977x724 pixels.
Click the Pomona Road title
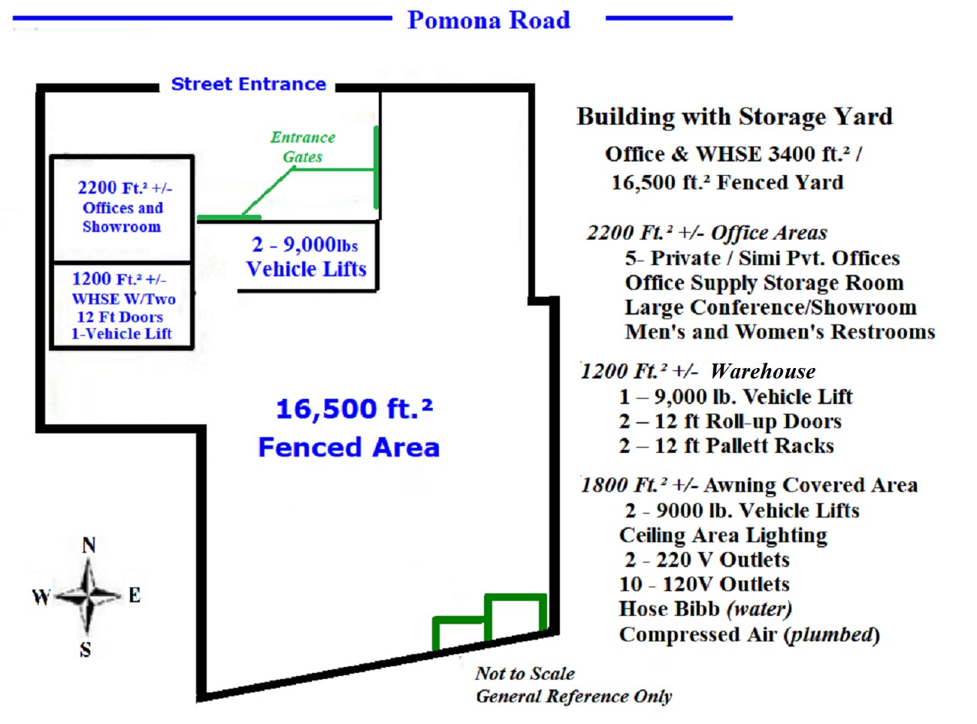click(x=488, y=20)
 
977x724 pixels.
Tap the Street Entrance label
click(x=248, y=84)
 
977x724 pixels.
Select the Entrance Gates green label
click(x=303, y=147)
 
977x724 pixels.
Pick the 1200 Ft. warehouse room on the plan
click(x=122, y=306)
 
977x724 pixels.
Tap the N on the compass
click(x=89, y=545)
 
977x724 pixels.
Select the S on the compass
click(x=86, y=650)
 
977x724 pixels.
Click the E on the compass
click(x=135, y=596)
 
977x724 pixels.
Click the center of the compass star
click(x=88, y=596)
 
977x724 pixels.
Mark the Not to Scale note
click(x=525, y=674)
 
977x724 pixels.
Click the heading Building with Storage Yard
click(x=734, y=117)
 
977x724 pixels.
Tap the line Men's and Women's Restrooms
click(x=779, y=332)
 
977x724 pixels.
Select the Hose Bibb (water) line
click(x=705, y=608)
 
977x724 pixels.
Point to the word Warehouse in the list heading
click(x=762, y=371)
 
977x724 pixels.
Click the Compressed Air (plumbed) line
click(x=749, y=635)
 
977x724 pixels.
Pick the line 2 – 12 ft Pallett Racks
click(x=726, y=446)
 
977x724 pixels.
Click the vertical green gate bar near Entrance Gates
click(x=377, y=167)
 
